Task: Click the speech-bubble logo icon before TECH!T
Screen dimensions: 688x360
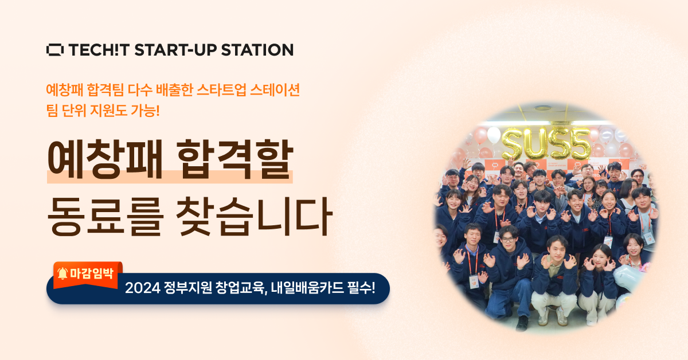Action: (x=55, y=50)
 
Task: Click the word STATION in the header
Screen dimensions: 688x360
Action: (x=257, y=50)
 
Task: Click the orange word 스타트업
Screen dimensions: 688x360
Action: (x=221, y=89)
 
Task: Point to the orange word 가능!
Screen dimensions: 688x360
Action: (x=145, y=110)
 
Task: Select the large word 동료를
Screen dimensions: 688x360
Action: (x=104, y=216)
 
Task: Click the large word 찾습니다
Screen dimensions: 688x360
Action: (x=255, y=216)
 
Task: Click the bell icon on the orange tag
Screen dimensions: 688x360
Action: (x=62, y=273)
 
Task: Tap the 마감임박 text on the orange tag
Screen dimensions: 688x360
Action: (x=92, y=273)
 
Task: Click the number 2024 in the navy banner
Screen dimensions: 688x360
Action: (x=143, y=288)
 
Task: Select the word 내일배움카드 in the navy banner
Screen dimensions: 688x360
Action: (x=307, y=288)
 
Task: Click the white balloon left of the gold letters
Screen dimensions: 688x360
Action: (x=494, y=135)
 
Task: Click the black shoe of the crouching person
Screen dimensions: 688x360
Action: (x=522, y=323)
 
